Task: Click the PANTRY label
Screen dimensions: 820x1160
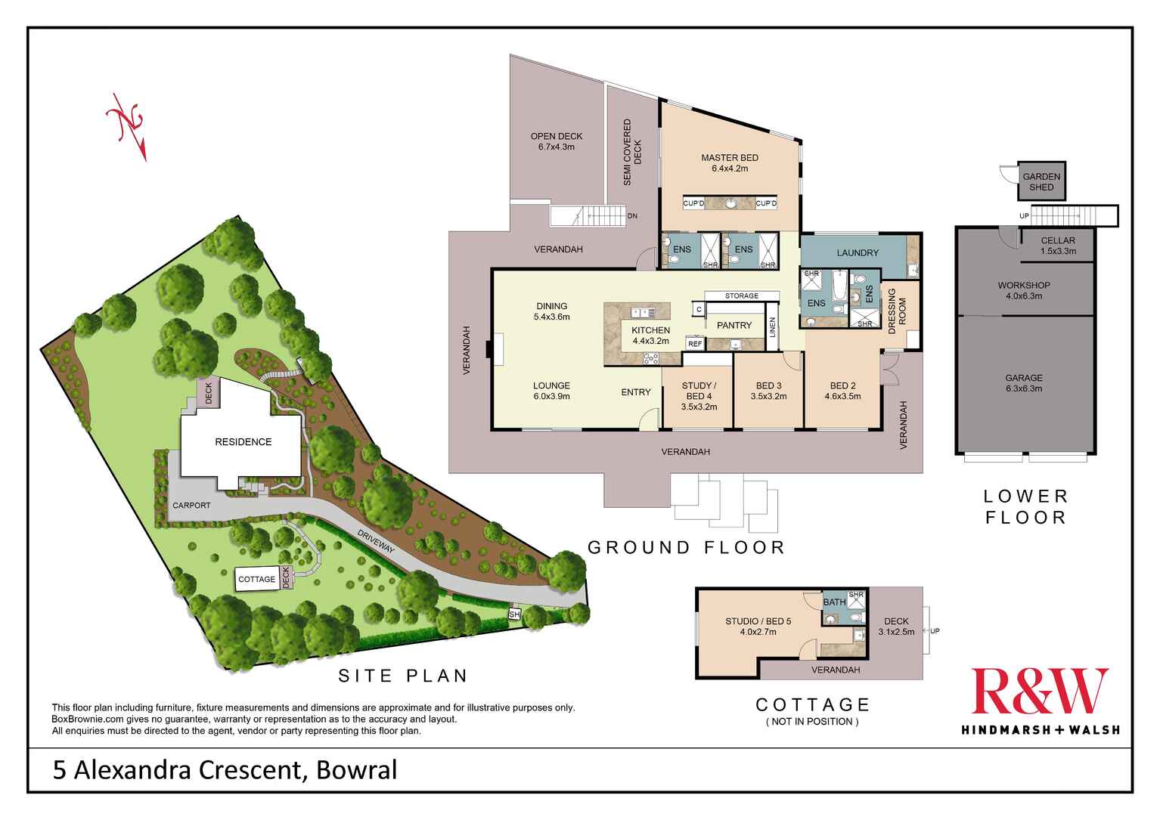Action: pyautogui.click(x=734, y=325)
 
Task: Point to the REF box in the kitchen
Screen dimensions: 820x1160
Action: pyautogui.click(x=694, y=344)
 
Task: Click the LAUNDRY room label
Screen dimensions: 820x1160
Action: pyautogui.click(x=858, y=252)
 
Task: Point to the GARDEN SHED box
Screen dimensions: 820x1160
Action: pyautogui.click(x=1041, y=181)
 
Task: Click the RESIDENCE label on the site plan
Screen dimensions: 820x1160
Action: pyautogui.click(x=243, y=441)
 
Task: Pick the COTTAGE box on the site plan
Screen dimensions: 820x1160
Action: pyautogui.click(x=257, y=579)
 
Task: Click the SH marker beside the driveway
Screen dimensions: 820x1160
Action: pyautogui.click(x=514, y=614)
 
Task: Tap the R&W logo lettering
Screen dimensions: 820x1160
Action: pyautogui.click(x=1040, y=692)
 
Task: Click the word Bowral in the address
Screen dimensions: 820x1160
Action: pyautogui.click(x=357, y=770)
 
